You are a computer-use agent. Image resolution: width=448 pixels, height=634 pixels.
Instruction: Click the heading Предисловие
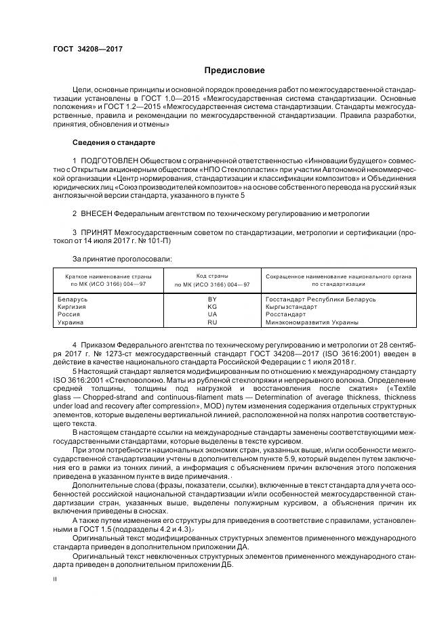pyautogui.click(x=235, y=70)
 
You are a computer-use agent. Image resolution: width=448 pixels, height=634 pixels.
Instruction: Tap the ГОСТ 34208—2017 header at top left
pyautogui.click(x=83, y=49)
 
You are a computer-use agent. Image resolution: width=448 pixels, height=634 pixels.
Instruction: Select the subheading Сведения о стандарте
pyautogui.click(x=114, y=143)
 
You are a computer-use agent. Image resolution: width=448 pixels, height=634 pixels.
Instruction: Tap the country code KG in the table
pyautogui.click(x=212, y=307)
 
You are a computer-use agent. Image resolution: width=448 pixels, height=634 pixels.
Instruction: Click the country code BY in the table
pyautogui.click(x=212, y=299)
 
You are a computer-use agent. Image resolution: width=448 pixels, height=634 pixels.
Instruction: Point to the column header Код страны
pyautogui.click(x=212, y=276)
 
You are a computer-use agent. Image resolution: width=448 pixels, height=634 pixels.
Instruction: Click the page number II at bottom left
pyautogui.click(x=56, y=580)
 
